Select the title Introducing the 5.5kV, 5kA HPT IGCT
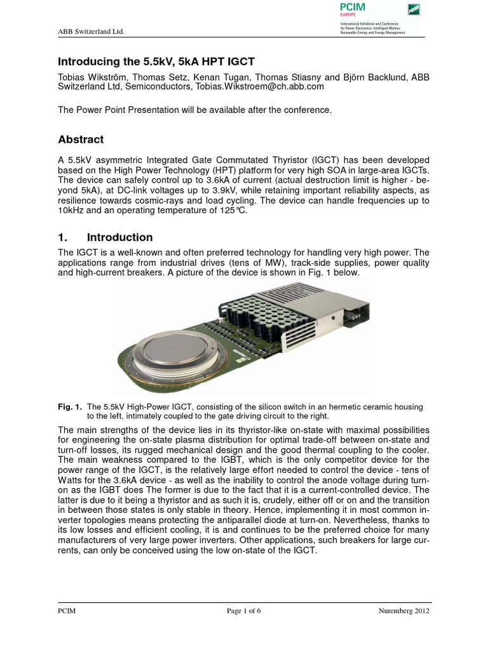coord(156,62)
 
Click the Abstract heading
coord(81,140)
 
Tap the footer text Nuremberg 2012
coord(403,611)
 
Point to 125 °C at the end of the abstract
coord(233,211)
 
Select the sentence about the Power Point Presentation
coord(195,110)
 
